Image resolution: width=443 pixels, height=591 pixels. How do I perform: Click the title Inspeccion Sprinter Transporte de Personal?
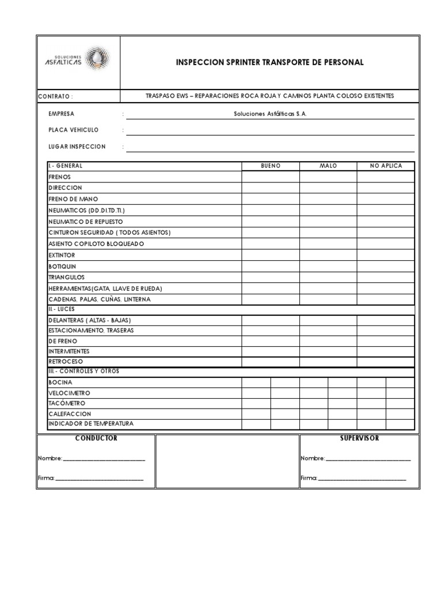pyautogui.click(x=270, y=62)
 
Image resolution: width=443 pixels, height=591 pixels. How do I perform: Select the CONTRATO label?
pyautogui.click(x=55, y=96)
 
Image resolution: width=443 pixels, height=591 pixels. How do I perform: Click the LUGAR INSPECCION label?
pyautogui.click(x=77, y=147)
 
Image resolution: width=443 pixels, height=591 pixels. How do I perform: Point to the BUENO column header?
pyautogui.click(x=271, y=166)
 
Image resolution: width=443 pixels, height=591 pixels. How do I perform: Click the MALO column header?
pyautogui.click(x=328, y=166)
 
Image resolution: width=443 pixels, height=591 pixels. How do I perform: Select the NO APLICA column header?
pyautogui.click(x=386, y=166)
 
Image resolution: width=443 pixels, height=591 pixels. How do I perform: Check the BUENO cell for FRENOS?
pyautogui.click(x=271, y=177)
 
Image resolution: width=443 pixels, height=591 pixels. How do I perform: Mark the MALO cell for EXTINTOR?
pyautogui.click(x=328, y=255)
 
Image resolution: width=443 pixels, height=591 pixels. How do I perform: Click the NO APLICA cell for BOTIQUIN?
pyautogui.click(x=386, y=266)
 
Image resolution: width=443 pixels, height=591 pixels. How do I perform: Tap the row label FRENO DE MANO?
pyautogui.click(x=73, y=199)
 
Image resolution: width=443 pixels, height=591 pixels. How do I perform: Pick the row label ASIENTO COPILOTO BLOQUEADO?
pyautogui.click(x=96, y=244)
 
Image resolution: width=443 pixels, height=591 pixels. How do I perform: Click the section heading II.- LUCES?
pyautogui.click(x=61, y=309)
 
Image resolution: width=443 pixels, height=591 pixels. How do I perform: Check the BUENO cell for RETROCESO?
pyautogui.click(x=271, y=362)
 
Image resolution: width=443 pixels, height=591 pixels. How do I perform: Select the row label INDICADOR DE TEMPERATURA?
pyautogui.click(x=91, y=424)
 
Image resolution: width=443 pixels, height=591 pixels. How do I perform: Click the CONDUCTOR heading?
pyautogui.click(x=96, y=439)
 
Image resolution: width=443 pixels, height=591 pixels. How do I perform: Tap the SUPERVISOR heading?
pyautogui.click(x=359, y=439)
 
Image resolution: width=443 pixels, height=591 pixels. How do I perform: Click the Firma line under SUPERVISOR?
pyautogui.click(x=362, y=478)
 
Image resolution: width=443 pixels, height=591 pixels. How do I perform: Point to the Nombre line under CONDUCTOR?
pyautogui.click(x=104, y=459)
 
